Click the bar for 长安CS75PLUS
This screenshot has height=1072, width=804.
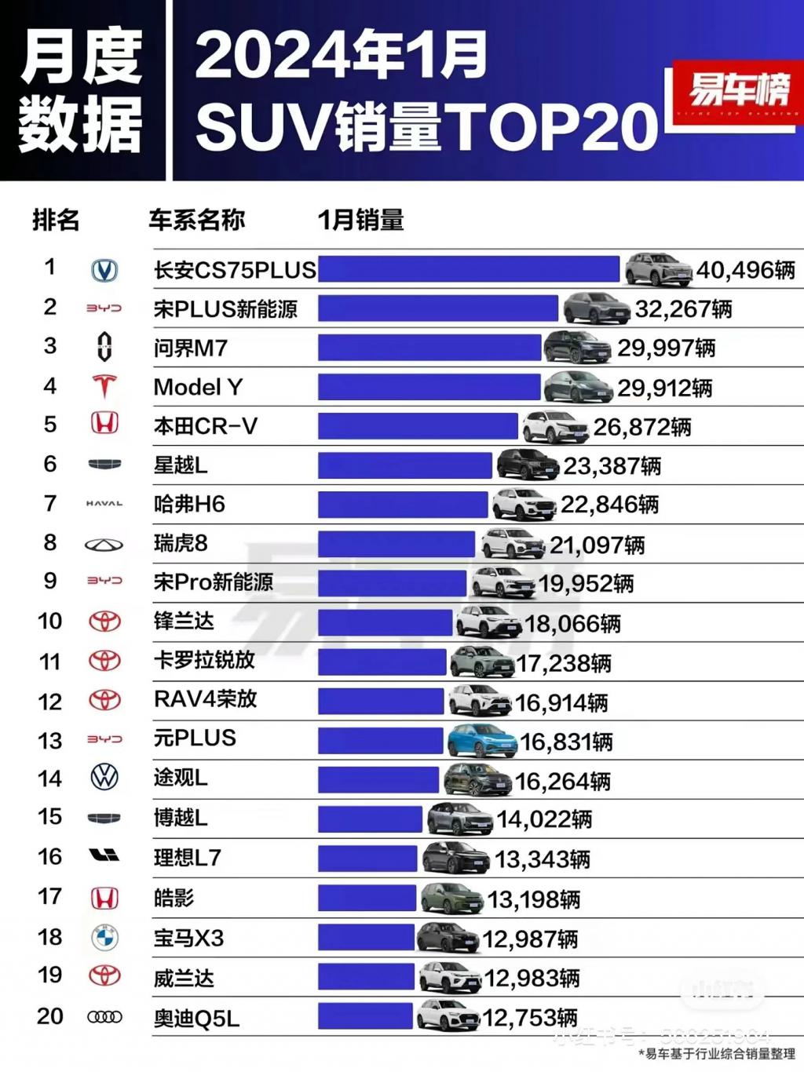click(x=469, y=269)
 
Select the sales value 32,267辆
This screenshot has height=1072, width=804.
click(x=683, y=309)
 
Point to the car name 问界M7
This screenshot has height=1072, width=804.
click(x=191, y=348)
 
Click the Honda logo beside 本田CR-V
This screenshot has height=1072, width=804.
click(x=104, y=425)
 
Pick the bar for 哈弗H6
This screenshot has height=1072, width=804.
click(x=403, y=505)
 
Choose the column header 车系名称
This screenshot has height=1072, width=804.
click(x=197, y=220)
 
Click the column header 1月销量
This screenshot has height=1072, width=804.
click(x=360, y=220)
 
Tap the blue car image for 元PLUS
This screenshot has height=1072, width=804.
click(x=481, y=740)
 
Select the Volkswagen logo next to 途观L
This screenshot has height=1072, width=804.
click(x=104, y=778)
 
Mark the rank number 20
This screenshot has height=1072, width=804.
click(x=50, y=1016)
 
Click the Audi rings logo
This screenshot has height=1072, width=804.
click(x=104, y=1017)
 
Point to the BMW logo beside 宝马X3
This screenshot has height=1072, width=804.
click(x=104, y=937)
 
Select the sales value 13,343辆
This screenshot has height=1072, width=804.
click(x=542, y=859)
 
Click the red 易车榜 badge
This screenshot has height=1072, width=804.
click(x=737, y=90)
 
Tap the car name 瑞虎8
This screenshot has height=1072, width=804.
click(x=181, y=543)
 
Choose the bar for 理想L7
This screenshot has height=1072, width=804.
click(x=367, y=859)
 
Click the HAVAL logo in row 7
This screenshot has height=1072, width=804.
click(x=104, y=504)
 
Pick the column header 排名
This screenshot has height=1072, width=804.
click(x=56, y=220)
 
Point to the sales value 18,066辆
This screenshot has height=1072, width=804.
click(x=572, y=624)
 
